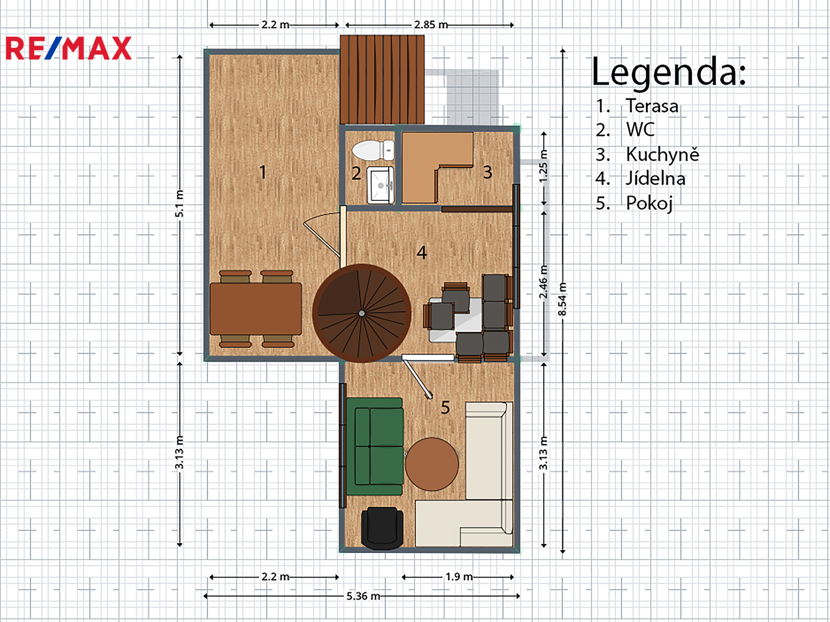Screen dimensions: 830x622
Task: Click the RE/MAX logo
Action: point(69,48)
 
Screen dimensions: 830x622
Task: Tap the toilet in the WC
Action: point(373,150)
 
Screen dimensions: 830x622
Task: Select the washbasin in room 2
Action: point(381,185)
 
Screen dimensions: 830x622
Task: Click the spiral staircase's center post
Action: point(362,313)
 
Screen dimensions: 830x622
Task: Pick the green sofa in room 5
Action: point(375,446)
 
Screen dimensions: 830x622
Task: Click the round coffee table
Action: point(432,464)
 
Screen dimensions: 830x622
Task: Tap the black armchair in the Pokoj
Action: point(382,528)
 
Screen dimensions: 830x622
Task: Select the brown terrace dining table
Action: point(256,309)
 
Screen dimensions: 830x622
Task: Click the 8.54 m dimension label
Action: point(563,299)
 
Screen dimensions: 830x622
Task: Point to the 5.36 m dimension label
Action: point(363,596)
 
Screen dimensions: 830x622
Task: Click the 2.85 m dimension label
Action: point(431,25)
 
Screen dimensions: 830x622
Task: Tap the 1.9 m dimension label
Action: point(459,577)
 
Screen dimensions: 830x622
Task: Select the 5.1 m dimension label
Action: point(180,203)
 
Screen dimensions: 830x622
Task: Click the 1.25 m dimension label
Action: point(543,166)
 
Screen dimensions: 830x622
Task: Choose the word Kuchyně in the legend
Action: point(662,154)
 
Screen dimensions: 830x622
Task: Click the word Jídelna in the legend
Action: point(655,179)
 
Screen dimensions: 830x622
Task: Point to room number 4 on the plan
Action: point(422,252)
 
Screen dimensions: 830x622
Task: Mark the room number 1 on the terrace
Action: point(263,172)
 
